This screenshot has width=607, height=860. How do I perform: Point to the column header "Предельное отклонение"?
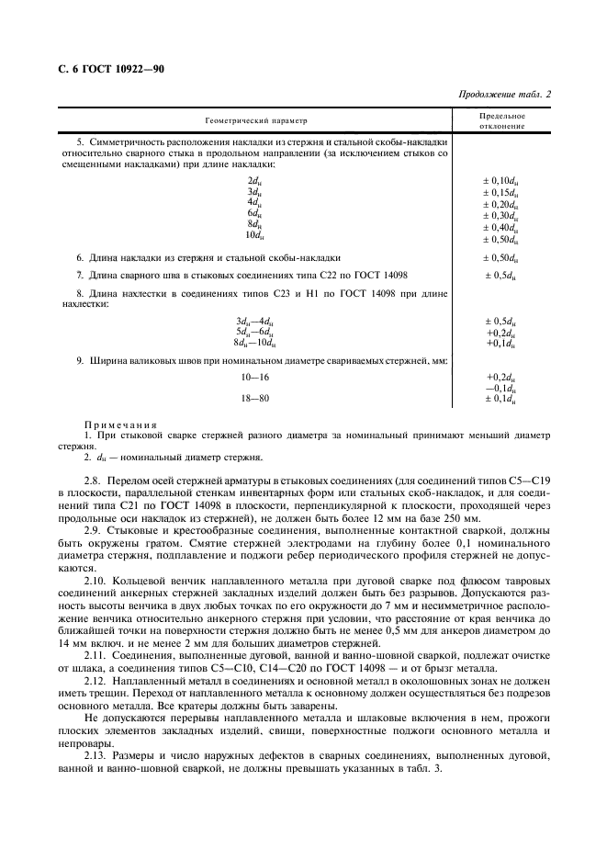502,120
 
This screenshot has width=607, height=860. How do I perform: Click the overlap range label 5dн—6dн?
253,332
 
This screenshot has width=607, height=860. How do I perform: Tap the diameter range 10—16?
254,378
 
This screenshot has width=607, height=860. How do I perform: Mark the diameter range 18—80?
254,399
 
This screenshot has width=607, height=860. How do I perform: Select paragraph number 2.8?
94,481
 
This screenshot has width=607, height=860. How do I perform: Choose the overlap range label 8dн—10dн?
253,343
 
